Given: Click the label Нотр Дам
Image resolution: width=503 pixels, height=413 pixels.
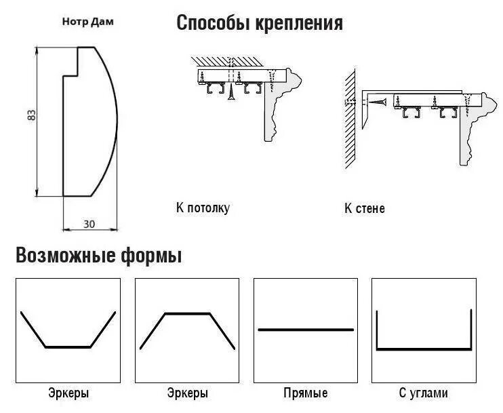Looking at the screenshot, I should pyautogui.click(x=89, y=22).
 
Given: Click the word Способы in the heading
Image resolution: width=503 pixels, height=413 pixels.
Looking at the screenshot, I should pyautogui.click(x=214, y=24).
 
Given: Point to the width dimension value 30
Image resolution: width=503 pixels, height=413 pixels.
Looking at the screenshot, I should pyautogui.click(x=89, y=223).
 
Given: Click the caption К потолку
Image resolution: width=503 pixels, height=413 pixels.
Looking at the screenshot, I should pyautogui.click(x=202, y=208).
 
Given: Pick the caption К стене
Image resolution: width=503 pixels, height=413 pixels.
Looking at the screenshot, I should pyautogui.click(x=364, y=208).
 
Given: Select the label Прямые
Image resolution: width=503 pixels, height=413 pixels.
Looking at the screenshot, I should pyautogui.click(x=305, y=393).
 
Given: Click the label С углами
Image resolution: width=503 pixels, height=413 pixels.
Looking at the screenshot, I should pyautogui.click(x=423, y=393).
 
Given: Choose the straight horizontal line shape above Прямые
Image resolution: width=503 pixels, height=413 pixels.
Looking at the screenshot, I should pyautogui.click(x=306, y=330).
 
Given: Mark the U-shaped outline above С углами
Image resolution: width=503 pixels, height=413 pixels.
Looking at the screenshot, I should pyautogui.click(x=424, y=349).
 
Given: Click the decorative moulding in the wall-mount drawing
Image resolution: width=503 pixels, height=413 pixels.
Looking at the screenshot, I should pyautogui.click(x=468, y=129).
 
